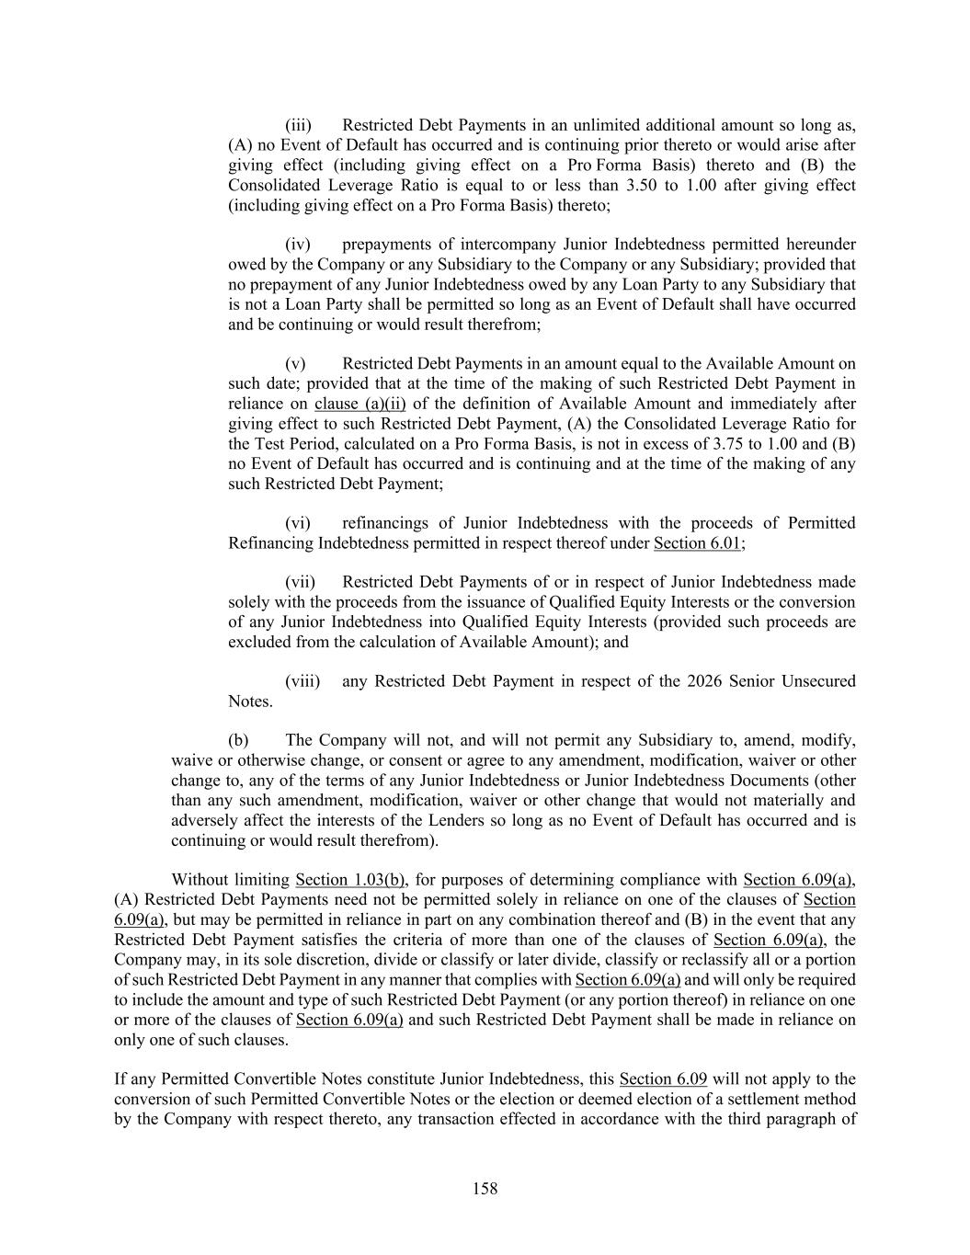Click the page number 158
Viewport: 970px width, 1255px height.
click(485, 1189)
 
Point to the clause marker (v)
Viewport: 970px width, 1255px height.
click(295, 364)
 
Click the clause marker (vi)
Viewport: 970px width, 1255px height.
click(299, 523)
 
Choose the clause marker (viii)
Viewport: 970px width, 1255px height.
click(302, 681)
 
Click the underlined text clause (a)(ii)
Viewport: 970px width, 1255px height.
click(360, 404)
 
